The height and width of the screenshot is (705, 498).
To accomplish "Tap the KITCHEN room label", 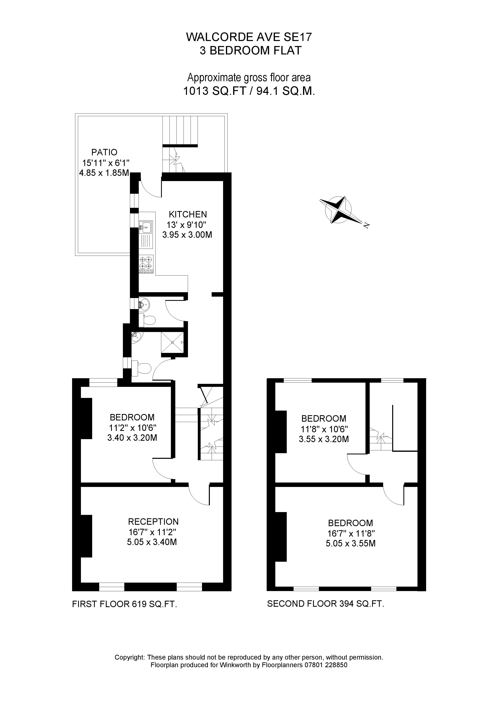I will point(188,214).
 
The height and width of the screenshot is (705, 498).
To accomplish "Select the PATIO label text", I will point(104,152).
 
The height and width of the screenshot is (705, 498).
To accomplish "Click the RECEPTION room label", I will point(153,522).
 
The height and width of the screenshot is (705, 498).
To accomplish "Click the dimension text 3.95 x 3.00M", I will point(187,235).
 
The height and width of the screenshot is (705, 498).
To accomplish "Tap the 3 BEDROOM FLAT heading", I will point(251,51).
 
